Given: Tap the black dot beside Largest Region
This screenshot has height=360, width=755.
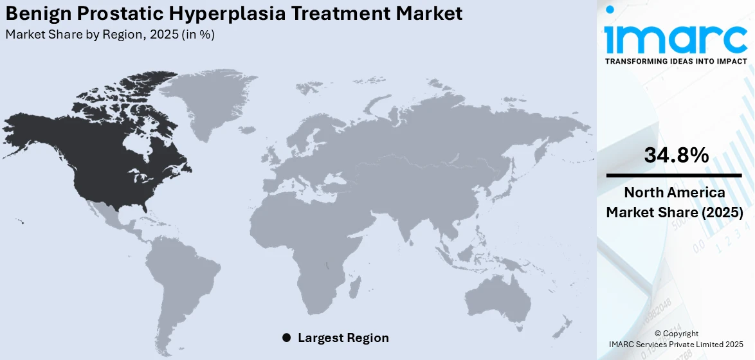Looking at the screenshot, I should pos(286,337).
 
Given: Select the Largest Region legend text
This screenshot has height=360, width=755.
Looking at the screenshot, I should pos(343,337).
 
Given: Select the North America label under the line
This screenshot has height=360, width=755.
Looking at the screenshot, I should pos(675,193).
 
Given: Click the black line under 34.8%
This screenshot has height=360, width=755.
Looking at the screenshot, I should pos(674,175).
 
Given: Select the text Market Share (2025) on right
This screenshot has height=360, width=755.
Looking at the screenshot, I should pos(675,212).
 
